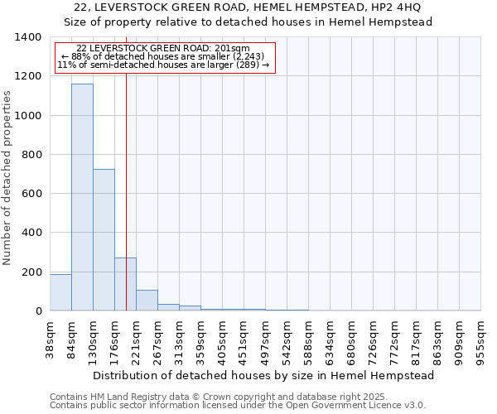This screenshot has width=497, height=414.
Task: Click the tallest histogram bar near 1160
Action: [x=82, y=197]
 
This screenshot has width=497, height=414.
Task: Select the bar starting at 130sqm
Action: [x=104, y=240]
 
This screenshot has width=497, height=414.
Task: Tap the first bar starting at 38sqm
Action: [x=60, y=292]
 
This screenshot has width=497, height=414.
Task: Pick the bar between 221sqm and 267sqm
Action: [x=147, y=301]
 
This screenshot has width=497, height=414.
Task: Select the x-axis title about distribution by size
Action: [x=263, y=375]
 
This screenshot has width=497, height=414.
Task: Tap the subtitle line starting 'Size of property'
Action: [x=248, y=22]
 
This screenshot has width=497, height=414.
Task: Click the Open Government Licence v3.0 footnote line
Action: [x=238, y=406]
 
